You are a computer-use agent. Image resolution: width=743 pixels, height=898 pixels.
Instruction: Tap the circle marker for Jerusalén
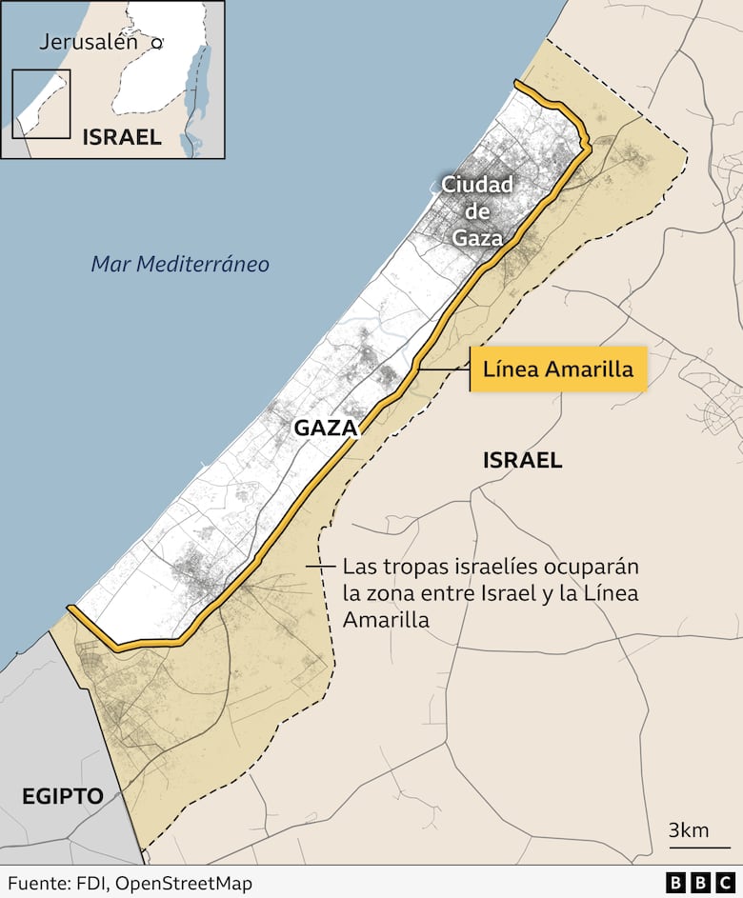pos(157,43)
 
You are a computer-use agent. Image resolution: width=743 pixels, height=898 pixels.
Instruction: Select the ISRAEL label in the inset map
pos(122,137)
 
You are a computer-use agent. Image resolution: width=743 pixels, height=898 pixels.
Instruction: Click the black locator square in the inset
pos(41,104)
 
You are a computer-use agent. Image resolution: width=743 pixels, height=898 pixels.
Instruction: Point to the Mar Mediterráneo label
pos(180,264)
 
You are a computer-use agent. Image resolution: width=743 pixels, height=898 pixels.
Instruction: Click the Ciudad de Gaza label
pos(477,210)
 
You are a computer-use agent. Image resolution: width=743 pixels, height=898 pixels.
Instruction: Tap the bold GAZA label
pos(325,428)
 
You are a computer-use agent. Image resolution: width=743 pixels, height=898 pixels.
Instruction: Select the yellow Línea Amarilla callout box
pos(558,369)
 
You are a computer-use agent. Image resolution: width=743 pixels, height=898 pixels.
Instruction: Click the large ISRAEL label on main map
pos(522,461)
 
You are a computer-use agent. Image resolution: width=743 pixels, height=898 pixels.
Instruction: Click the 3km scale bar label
pos(688,829)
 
